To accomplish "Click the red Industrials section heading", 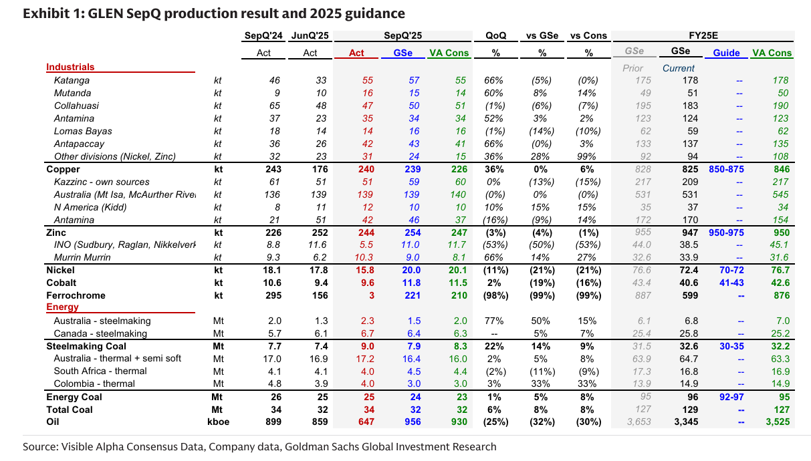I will click(x=70, y=67).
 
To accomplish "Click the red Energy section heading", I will click(x=62, y=307).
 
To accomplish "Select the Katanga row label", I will click(x=72, y=80).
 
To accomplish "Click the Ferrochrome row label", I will click(x=76, y=295).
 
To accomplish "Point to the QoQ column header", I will click(x=495, y=36).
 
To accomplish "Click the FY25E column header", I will click(x=703, y=36).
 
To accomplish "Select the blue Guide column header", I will click(x=726, y=53).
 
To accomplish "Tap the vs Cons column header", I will click(x=588, y=36).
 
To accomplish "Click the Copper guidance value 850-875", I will click(x=725, y=170).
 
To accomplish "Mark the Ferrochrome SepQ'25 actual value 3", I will click(x=370, y=295).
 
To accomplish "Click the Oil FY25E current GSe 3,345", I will click(x=683, y=422).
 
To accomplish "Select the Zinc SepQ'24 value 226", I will click(x=272, y=233).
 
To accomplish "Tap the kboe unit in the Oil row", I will click(x=217, y=422).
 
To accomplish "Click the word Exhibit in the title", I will click(x=45, y=13).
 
